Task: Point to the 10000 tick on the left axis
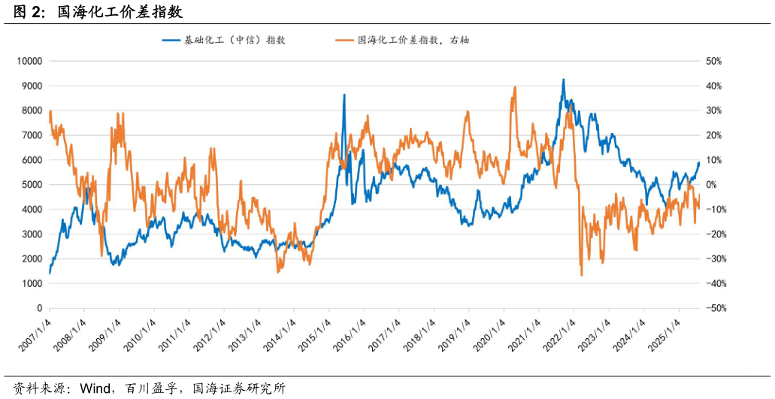click(29, 61)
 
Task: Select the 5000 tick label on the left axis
click(31, 185)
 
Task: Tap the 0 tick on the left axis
click(39, 309)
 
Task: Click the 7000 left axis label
click(31, 135)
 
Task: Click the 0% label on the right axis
click(710, 185)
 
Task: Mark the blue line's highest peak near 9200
click(563, 80)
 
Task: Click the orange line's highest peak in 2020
click(515, 87)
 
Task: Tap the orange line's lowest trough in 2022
click(582, 275)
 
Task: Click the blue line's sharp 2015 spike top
click(344, 95)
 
